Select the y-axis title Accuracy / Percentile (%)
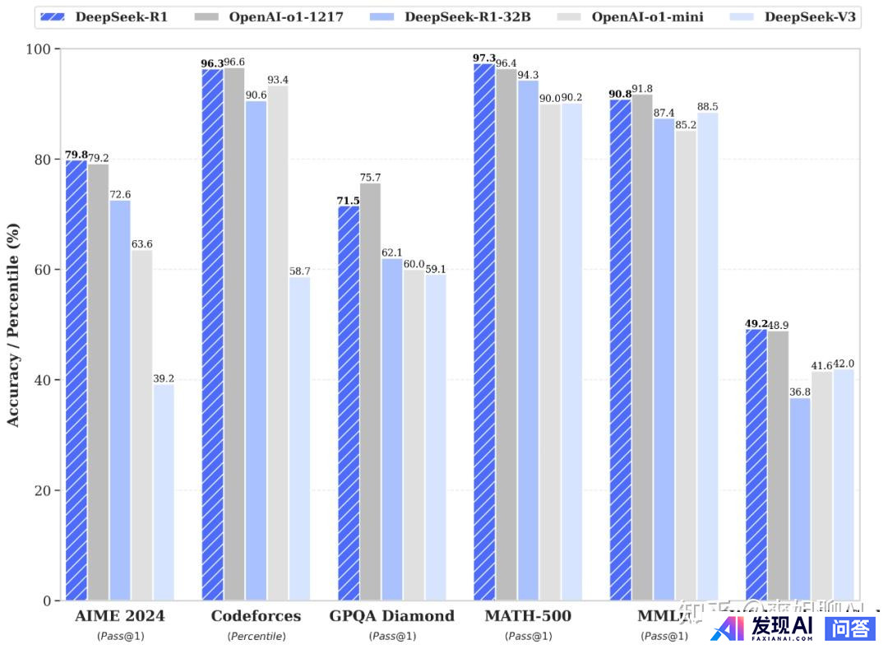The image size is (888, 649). click(x=13, y=325)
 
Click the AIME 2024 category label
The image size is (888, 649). click(x=119, y=616)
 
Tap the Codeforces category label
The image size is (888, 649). click(x=256, y=616)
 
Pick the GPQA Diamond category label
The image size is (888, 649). click(x=391, y=616)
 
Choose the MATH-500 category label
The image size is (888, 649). click(x=528, y=616)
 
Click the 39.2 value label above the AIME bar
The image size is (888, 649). click(x=164, y=378)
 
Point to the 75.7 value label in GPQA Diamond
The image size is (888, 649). click(x=370, y=178)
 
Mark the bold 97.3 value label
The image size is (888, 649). click(x=484, y=58)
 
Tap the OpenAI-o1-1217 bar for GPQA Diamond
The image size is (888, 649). click(x=370, y=392)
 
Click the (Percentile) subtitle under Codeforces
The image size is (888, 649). click(x=256, y=636)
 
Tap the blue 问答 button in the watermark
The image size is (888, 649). click(x=850, y=629)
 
